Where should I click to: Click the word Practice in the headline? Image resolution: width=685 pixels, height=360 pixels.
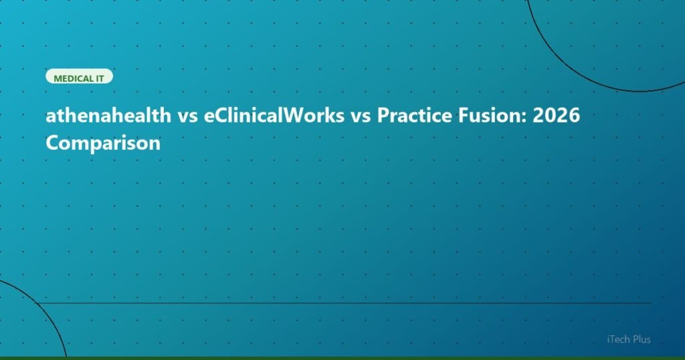click(x=408, y=117)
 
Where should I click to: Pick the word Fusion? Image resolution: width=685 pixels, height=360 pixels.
click(x=480, y=117)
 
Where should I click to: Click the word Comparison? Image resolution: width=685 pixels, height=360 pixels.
click(x=103, y=143)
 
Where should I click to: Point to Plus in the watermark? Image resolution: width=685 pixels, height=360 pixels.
click(x=640, y=340)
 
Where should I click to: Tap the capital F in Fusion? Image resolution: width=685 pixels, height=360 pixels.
click(x=455, y=117)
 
